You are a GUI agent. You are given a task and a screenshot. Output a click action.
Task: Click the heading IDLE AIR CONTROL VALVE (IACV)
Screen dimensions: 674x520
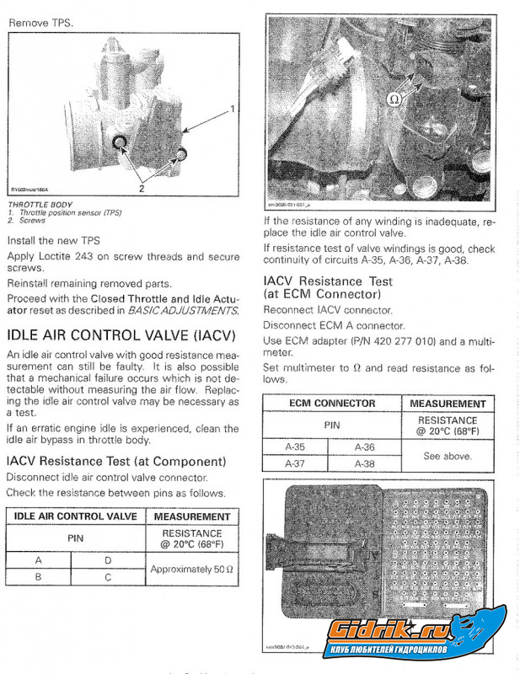(122, 334)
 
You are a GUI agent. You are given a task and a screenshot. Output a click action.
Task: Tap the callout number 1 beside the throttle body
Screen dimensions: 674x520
(231, 109)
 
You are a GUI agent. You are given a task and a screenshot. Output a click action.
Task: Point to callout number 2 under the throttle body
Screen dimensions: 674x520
(142, 189)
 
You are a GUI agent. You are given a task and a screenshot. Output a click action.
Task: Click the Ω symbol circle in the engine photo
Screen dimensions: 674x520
(394, 99)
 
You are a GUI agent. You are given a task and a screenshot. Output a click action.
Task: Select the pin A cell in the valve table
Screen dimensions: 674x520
(39, 559)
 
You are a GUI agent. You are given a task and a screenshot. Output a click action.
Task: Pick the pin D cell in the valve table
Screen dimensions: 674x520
(107, 559)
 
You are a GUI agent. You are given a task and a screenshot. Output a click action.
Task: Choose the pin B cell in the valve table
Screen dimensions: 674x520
(39, 578)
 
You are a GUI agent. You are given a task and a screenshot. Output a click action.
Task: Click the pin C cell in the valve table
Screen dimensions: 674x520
(107, 578)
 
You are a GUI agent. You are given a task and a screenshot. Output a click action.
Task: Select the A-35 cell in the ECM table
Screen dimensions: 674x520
(295, 447)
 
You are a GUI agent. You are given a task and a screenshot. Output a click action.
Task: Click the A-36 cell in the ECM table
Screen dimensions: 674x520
(364, 447)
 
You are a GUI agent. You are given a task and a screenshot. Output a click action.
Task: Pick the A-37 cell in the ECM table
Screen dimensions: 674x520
(295, 463)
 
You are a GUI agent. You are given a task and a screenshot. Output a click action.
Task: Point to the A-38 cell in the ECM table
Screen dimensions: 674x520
(364, 463)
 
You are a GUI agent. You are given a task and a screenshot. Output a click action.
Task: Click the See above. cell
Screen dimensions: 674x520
(448, 456)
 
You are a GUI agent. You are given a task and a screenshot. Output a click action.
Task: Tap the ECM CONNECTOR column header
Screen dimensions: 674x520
(332, 404)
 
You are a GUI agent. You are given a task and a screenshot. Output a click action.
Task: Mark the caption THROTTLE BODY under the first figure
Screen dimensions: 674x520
(40, 205)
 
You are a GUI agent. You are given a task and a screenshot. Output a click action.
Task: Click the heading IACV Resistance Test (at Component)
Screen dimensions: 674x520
(116, 462)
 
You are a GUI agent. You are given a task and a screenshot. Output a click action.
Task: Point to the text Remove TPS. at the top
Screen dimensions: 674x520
(40, 23)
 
